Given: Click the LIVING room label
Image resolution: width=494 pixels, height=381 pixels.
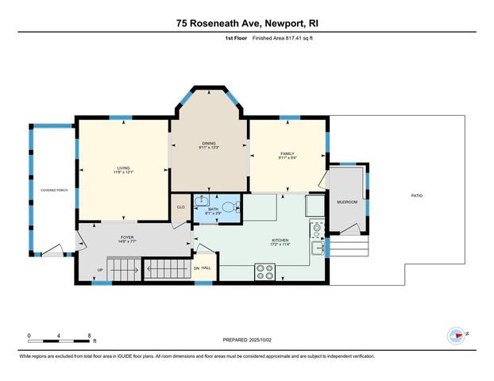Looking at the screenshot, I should [123, 167].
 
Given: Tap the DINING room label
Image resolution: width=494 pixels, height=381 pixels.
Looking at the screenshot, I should [208, 144].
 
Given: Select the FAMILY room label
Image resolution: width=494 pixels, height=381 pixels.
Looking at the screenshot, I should [287, 153].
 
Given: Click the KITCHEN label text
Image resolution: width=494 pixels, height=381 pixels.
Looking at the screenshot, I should [279, 241].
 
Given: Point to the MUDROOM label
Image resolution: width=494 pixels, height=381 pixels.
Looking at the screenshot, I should [347, 202].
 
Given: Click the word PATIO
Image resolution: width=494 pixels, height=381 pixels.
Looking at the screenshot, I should [416, 194].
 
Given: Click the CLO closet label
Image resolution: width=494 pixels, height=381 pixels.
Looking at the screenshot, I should [180, 206].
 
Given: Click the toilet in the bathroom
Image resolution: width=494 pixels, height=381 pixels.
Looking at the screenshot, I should [230, 207].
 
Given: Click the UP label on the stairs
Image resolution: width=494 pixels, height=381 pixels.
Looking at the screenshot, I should [100, 269].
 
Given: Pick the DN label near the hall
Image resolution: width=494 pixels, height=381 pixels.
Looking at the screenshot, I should [197, 267].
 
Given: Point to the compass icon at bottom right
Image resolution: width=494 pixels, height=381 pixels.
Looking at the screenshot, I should [456, 335].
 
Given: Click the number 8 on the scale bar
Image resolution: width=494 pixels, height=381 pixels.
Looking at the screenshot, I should [90, 335].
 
